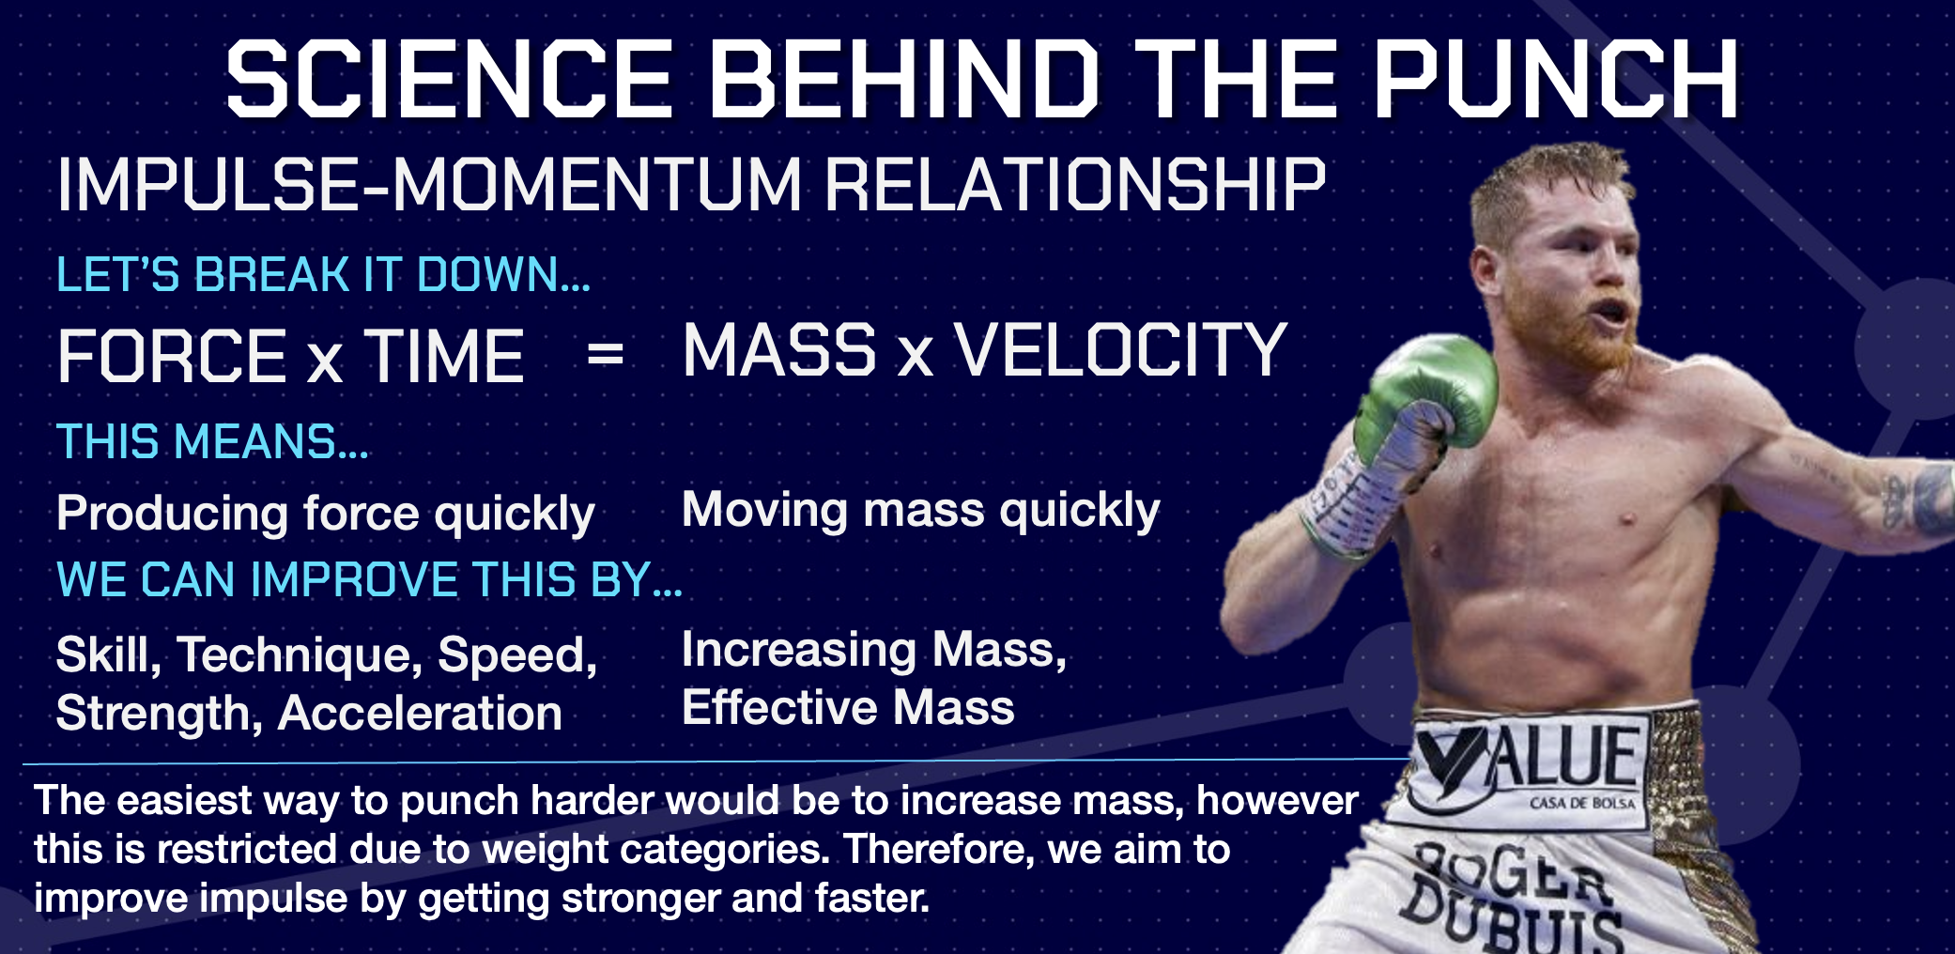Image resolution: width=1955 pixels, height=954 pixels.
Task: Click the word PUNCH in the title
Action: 1557,80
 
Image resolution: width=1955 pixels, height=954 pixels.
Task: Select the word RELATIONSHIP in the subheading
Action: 1075,185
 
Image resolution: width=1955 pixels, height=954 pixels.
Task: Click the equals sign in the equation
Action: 605,354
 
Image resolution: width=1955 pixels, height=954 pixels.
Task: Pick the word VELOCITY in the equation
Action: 1120,349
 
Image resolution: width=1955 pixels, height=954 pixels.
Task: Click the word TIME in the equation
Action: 444,356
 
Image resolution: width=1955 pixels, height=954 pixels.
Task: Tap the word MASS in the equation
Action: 779,349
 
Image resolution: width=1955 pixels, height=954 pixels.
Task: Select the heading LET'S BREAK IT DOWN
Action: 323,275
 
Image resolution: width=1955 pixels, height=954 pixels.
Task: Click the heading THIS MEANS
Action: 212,441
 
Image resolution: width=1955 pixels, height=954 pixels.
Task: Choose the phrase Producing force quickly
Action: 325,515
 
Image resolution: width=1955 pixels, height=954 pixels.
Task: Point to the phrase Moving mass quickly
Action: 920,511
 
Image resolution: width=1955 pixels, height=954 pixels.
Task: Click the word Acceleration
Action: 420,713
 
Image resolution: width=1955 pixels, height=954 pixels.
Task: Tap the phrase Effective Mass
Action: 848,707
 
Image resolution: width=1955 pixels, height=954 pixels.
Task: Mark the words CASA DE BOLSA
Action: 1583,804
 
